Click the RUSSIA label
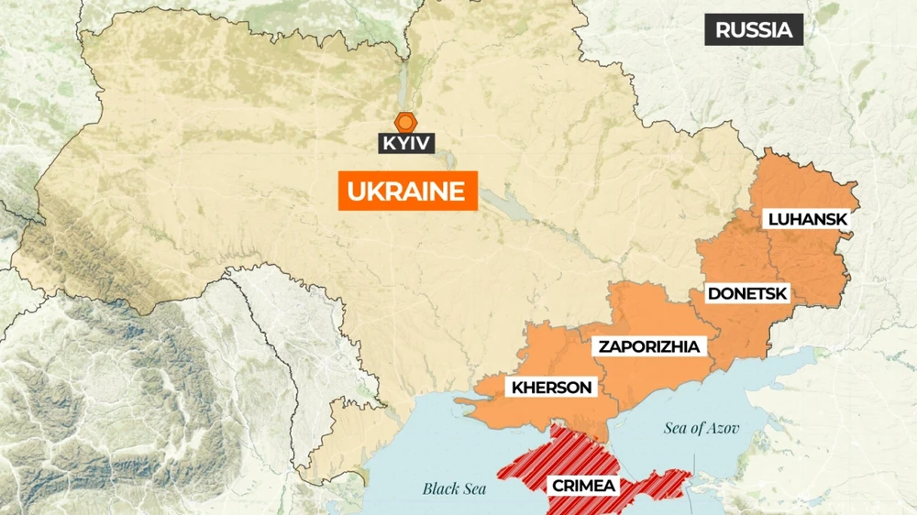[753, 29]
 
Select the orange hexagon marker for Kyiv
[405, 121]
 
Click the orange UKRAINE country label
[408, 192]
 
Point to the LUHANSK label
[807, 220]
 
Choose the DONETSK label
[746, 294]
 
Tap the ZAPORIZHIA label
[649, 346]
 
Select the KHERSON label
[551, 387]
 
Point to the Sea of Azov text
[702, 428]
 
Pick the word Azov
[723, 428]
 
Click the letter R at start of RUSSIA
[722, 29]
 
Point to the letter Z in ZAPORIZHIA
[604, 346]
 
